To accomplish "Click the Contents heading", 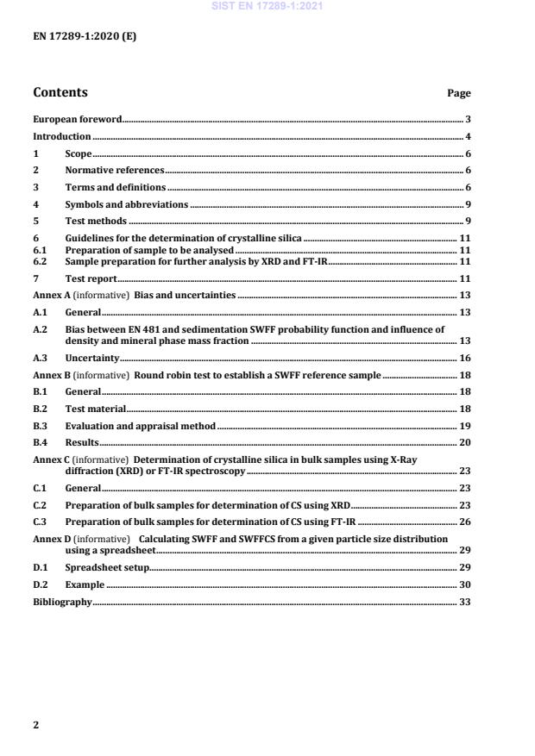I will coord(60,93).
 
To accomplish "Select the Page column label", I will coord(459,94).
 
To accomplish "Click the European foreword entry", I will coord(77,120).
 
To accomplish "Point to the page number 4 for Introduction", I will coord(468,137).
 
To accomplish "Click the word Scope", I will coord(79,154).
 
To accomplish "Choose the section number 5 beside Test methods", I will coord(35,222).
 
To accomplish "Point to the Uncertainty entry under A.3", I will coord(92,358).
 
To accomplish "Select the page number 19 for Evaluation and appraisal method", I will coord(464,426).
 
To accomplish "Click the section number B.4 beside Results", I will coord(41,442).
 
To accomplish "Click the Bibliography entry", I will coord(62,602).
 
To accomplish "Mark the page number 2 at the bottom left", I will coord(35,725).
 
